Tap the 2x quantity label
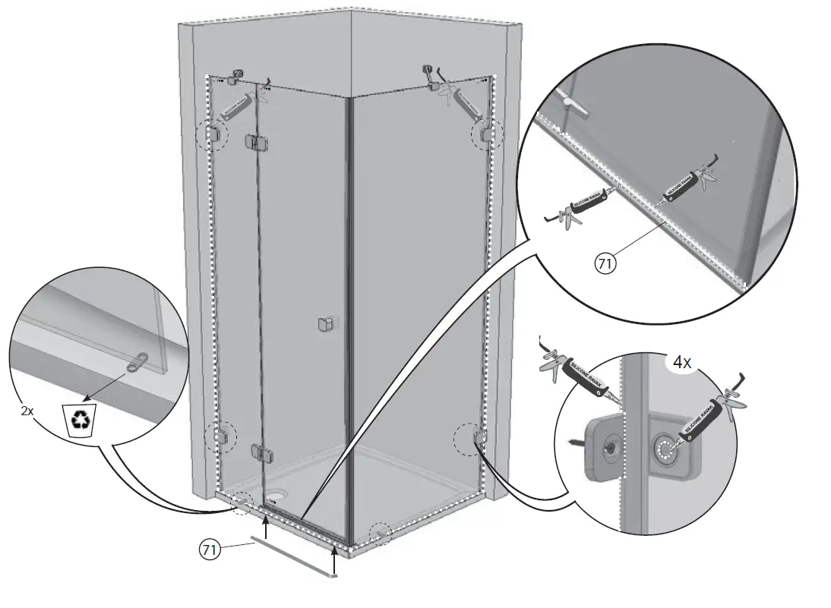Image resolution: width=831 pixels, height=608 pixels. [x=27, y=410]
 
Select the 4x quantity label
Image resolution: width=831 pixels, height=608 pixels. [x=681, y=363]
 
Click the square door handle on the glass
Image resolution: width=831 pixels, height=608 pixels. [x=324, y=325]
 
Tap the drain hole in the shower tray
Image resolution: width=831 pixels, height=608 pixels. [x=273, y=499]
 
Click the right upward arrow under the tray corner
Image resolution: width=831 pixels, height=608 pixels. [x=334, y=562]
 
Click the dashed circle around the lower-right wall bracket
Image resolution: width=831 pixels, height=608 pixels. [x=467, y=439]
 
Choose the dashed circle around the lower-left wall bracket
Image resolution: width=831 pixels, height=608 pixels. [x=220, y=436]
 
